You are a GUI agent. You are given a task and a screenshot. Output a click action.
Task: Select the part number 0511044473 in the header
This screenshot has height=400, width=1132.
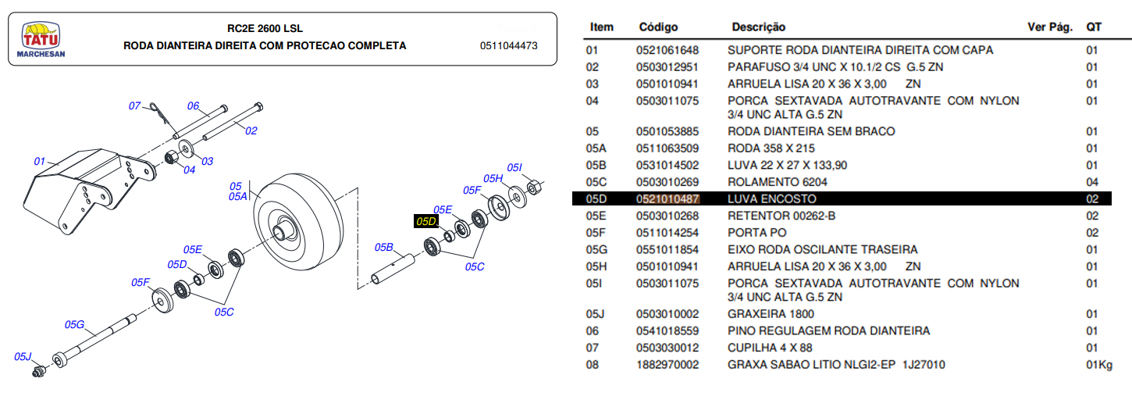pyautogui.click(x=508, y=46)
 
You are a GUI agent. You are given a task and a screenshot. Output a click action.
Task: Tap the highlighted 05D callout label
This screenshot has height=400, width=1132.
pyautogui.click(x=426, y=222)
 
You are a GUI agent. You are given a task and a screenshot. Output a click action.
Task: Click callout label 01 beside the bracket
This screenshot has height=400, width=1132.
pyautogui.click(x=40, y=161)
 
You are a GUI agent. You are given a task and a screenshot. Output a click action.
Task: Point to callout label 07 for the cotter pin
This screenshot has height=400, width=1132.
pyautogui.click(x=134, y=105)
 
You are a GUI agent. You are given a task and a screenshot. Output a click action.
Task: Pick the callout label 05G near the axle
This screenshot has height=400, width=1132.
pyautogui.click(x=74, y=324)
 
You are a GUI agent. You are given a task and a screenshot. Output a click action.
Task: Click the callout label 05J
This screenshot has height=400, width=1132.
pyautogui.click(x=23, y=357)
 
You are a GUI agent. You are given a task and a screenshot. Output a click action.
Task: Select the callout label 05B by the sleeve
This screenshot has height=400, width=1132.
pyautogui.click(x=383, y=248)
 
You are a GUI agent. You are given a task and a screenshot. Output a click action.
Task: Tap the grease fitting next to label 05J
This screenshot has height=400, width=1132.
pyautogui.click(x=37, y=372)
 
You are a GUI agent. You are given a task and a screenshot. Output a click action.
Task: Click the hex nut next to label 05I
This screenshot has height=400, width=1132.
pyautogui.click(x=533, y=188)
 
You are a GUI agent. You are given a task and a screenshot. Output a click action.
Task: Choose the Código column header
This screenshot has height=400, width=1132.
pyautogui.click(x=658, y=27)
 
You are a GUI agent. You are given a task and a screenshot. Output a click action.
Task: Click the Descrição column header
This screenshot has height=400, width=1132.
pyautogui.click(x=758, y=27)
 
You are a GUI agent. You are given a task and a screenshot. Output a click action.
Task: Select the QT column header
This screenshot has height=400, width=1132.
pyautogui.click(x=1094, y=27)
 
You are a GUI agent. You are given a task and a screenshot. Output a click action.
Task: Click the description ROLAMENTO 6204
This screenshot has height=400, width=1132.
pyautogui.click(x=777, y=182)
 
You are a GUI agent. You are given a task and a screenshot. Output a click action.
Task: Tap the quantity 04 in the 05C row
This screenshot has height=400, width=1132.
pyautogui.click(x=1092, y=182)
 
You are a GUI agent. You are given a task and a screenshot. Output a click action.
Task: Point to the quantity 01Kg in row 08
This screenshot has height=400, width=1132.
pyautogui.click(x=1098, y=365)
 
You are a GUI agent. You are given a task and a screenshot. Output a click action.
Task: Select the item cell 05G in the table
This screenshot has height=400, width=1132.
pyautogui.click(x=597, y=250)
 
